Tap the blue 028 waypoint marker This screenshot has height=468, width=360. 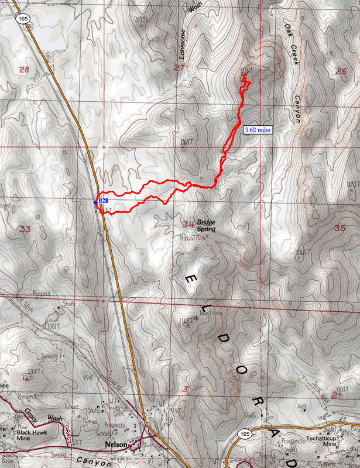(96, 201)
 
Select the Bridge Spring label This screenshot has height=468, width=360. (206, 226)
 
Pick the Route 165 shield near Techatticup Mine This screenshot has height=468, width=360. (245, 433)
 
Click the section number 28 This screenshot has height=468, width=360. (24, 70)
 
